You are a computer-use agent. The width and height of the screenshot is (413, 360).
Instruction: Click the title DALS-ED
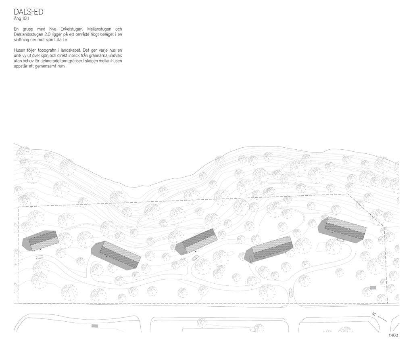point(29,12)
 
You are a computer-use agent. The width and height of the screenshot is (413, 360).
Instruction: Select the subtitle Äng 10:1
point(21,19)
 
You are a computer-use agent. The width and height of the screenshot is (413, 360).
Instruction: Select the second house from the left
point(116,255)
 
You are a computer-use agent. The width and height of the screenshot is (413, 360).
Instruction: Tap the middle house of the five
point(196,241)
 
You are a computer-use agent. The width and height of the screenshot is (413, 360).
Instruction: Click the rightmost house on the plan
point(342,229)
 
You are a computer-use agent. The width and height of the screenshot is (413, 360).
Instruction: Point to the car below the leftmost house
point(40,257)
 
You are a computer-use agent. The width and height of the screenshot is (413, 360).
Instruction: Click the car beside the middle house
point(195,258)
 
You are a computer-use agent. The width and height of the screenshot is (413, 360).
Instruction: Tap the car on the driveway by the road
point(290,293)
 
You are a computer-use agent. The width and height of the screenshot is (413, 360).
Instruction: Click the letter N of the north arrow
point(374,314)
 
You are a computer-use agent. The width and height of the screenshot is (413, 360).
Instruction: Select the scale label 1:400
point(393,335)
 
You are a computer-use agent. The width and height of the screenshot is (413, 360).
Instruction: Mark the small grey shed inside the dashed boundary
point(373,288)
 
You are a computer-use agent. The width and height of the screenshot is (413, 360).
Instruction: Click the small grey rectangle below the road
point(95,326)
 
